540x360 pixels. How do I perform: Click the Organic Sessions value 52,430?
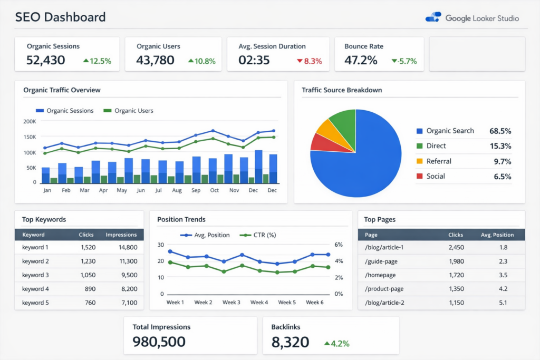click(x=46, y=60)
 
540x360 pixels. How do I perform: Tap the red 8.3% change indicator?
click(x=310, y=61)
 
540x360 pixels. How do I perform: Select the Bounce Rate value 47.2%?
click(x=361, y=60)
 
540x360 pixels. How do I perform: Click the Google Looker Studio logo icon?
click(x=433, y=17)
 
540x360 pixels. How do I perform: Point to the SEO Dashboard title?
click(x=60, y=17)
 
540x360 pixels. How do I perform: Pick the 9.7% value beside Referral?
click(x=502, y=161)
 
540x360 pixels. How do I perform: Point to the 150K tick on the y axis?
click(x=30, y=137)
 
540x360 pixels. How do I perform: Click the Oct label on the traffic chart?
click(x=214, y=190)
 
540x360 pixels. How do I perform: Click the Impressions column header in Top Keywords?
click(x=121, y=235)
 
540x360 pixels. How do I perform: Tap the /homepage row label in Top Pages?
click(x=380, y=275)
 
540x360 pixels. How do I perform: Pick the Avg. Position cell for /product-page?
click(x=503, y=289)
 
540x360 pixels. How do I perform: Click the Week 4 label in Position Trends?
click(x=259, y=303)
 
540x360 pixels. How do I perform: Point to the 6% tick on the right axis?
click(x=339, y=245)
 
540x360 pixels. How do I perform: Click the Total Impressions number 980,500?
click(x=159, y=342)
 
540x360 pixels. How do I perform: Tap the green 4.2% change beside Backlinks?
click(x=337, y=344)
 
